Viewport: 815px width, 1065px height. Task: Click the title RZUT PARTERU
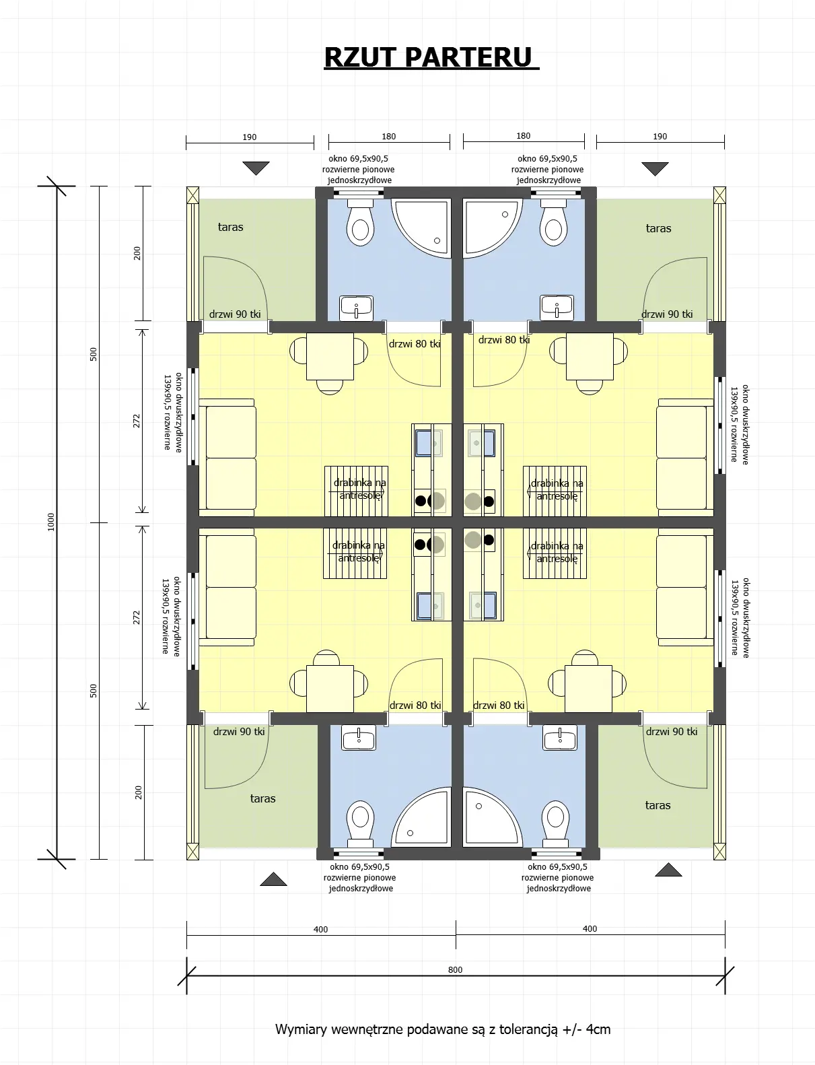coord(431,58)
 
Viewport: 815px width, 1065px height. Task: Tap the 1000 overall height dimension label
coord(51,522)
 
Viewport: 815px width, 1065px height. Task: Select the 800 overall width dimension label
coord(455,969)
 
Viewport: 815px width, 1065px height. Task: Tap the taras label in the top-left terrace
coord(230,228)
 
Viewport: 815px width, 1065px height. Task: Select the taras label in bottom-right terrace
coord(658,805)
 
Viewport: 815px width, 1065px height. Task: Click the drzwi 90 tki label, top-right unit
coord(667,314)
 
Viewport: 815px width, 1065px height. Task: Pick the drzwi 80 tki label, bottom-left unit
coord(415,706)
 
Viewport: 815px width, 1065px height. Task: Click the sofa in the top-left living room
coord(228,458)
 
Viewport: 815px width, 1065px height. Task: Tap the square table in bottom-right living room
coord(588,688)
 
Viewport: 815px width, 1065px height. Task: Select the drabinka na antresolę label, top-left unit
coord(360,489)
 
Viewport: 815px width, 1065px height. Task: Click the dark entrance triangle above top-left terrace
coord(256,167)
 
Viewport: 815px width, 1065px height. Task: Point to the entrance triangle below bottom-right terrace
coord(668,870)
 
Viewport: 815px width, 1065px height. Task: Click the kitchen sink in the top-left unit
coord(423,443)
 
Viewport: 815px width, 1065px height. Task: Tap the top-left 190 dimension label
coord(249,137)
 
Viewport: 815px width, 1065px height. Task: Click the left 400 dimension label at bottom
coord(320,929)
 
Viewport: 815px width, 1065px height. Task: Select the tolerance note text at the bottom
coord(443,1029)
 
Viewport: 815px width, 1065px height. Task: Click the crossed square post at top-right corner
coord(719,195)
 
